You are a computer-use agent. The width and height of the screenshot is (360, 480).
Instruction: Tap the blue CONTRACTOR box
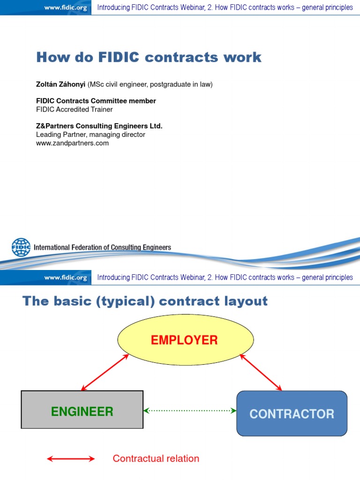tap(292, 413)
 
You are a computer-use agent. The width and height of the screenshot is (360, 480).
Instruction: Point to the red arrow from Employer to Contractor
tap(261, 372)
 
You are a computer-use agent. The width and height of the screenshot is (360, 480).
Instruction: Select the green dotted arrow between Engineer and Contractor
tap(190, 411)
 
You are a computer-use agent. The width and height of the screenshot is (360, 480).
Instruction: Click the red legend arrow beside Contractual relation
tap(71, 459)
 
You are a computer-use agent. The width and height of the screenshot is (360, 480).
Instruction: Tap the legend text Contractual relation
tap(156, 459)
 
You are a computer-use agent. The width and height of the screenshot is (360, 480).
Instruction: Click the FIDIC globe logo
tap(21, 247)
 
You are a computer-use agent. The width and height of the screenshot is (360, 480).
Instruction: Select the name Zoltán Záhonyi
tap(60, 84)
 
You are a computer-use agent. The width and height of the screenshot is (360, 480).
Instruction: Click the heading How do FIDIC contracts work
tap(149, 58)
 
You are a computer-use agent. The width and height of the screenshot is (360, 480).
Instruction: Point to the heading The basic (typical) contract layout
tap(145, 301)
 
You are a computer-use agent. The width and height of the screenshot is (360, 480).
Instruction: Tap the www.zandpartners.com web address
tap(72, 143)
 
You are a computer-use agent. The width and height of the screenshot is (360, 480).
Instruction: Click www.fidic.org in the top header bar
tap(66, 7)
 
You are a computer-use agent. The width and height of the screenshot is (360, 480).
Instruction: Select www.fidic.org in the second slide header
tap(66, 277)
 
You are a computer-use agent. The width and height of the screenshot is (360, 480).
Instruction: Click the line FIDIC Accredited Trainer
tap(74, 110)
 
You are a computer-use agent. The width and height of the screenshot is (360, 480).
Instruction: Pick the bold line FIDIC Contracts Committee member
tap(96, 101)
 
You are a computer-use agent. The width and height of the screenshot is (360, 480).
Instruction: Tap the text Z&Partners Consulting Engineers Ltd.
tap(99, 126)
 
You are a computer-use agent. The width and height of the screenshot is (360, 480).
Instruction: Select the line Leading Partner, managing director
tap(90, 135)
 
